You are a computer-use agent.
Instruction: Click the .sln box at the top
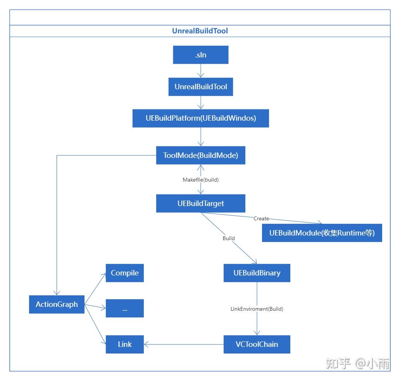coord(200,55)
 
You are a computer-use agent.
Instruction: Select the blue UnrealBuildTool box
coord(200,87)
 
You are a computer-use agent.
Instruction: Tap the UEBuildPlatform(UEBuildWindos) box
coord(200,118)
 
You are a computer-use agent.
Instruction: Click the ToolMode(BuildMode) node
coord(200,155)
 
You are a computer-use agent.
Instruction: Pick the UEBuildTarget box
coord(200,203)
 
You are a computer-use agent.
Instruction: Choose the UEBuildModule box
coord(322,233)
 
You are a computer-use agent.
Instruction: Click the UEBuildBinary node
coord(257,273)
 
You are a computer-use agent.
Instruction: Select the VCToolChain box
coord(257,344)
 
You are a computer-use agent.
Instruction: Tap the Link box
coord(124,344)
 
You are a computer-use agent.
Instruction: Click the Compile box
coord(124,273)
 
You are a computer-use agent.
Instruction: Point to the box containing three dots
coord(124,308)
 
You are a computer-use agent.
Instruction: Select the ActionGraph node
coord(57,304)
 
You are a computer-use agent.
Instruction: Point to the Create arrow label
coord(261,218)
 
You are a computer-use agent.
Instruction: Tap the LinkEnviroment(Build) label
coord(257,309)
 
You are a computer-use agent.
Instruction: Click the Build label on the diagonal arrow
coord(228,238)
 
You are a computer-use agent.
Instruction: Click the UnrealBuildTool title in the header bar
coord(200,31)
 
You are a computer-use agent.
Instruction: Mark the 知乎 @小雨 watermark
coord(357,364)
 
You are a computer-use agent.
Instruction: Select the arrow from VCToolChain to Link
coord(184,344)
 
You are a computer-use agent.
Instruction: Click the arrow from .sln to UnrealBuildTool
coord(200,71)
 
